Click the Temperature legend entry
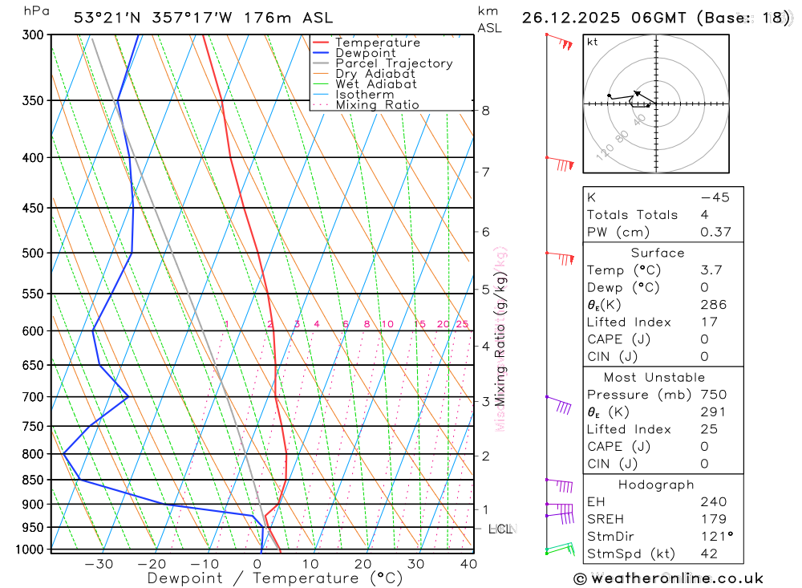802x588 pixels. (x=377, y=43)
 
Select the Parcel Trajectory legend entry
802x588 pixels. (x=394, y=63)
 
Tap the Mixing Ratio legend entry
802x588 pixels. (x=377, y=105)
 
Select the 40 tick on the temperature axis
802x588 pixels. (x=468, y=564)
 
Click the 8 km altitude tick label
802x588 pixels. (x=486, y=111)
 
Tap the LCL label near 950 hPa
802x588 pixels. (x=500, y=529)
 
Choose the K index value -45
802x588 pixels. (x=715, y=197)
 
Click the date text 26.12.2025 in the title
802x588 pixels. (x=569, y=18)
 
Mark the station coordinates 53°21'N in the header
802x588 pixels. (x=104, y=18)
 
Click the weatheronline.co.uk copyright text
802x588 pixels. (x=669, y=578)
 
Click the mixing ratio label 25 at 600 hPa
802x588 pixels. (x=462, y=324)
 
